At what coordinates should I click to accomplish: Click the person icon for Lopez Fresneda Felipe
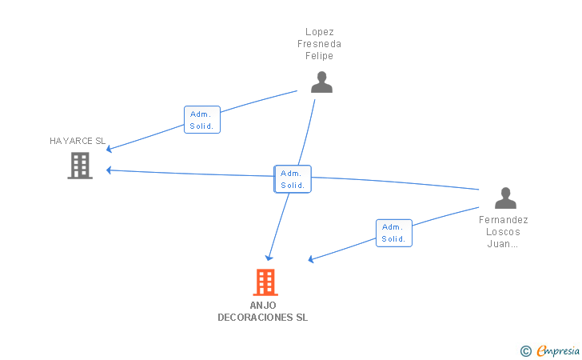pos(321,82)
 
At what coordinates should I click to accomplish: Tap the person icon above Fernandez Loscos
pos(505,198)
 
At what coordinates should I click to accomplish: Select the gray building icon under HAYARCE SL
pos(80,166)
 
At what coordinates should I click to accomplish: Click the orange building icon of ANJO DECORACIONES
pos(265,282)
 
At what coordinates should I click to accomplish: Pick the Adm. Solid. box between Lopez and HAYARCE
pos(202,120)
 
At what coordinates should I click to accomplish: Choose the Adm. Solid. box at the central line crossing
pos(293,179)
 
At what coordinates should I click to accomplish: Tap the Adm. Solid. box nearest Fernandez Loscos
pos(394,233)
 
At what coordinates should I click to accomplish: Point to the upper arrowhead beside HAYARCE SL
pos(109,149)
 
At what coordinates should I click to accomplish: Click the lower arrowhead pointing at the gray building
pos(109,170)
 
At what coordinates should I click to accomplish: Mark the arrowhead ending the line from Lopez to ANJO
pos(269,258)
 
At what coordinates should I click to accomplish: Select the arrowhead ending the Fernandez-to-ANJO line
pos(311,259)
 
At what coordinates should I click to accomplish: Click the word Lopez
pos(320,32)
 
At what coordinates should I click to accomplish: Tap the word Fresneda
pos(319,44)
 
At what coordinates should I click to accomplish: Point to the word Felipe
pos(319,56)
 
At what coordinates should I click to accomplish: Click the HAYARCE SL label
pos(78,141)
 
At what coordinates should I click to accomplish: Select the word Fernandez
pos(504,220)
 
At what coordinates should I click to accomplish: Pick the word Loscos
pos(504,232)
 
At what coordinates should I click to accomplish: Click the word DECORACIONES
pos(255,318)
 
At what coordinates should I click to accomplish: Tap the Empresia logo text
pos(558,350)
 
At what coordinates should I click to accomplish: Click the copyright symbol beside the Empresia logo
pos(526,351)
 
